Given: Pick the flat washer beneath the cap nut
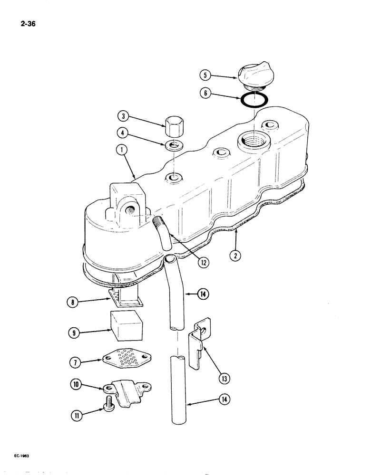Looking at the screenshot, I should pos(174,145).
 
